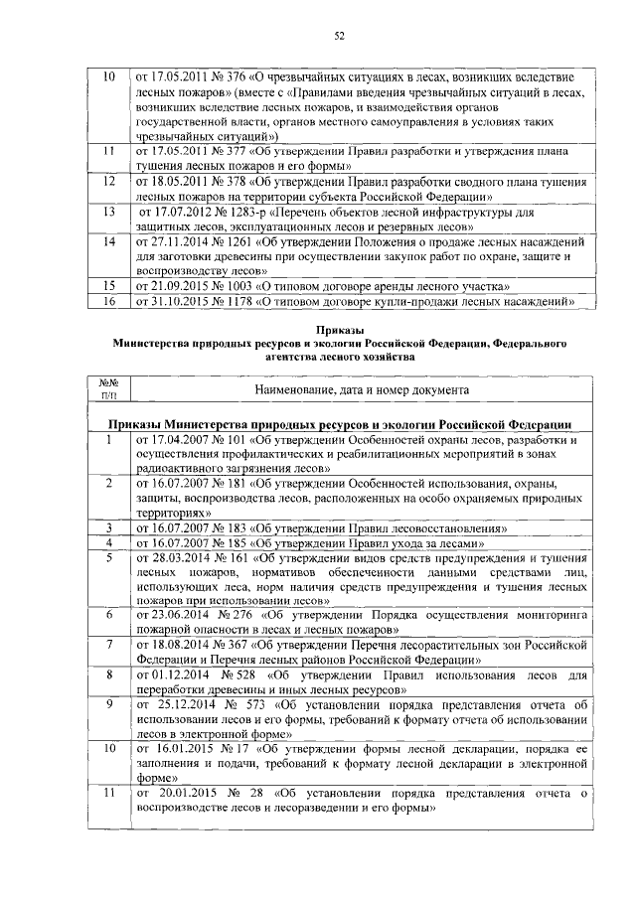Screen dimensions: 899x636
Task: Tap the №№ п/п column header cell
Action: tap(109, 388)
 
